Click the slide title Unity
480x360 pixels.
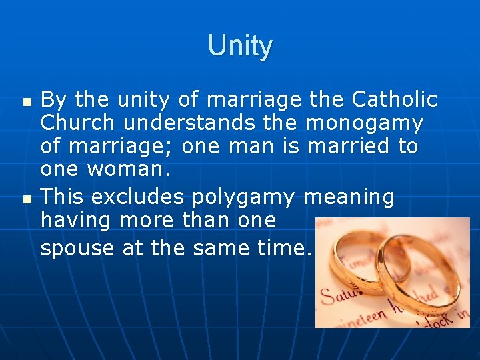tap(240, 46)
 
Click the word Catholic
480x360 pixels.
tap(394, 100)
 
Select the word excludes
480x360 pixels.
tap(141, 197)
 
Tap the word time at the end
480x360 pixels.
tap(283, 248)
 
